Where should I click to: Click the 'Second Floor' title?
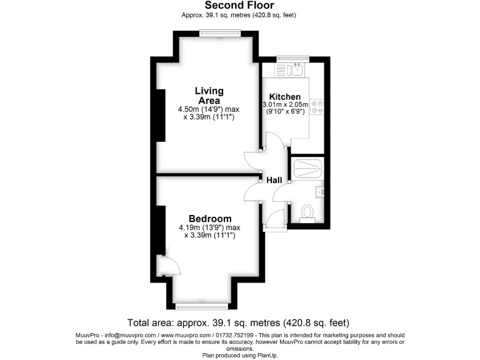[x=239, y=6]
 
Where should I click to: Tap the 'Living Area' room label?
[x=209, y=96]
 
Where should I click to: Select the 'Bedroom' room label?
[x=210, y=219]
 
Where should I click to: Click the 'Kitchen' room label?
[x=285, y=97]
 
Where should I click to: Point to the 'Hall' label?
[x=274, y=180]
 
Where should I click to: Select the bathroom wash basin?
[x=319, y=191]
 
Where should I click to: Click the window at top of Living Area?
[x=216, y=33]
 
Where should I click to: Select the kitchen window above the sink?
[x=289, y=59]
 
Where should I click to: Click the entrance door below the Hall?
[x=276, y=219]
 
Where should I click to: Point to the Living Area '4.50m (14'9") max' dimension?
[x=209, y=109]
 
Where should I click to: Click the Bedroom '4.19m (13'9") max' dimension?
[x=209, y=227]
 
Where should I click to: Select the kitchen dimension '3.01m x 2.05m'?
[x=285, y=104]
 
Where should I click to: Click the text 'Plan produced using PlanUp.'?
[x=240, y=354]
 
